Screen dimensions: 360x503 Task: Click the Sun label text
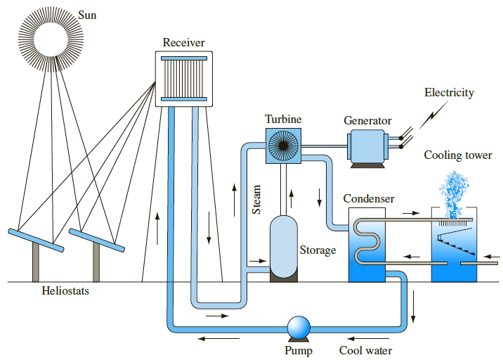(87, 15)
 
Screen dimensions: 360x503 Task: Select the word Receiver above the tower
(183, 43)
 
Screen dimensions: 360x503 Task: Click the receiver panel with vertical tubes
(184, 79)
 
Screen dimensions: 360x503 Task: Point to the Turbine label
(283, 120)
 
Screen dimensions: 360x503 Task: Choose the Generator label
(367, 120)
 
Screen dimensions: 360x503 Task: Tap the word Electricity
(449, 93)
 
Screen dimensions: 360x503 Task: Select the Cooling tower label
(457, 155)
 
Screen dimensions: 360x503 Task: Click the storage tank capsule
(285, 246)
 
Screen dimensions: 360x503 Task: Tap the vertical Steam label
(257, 199)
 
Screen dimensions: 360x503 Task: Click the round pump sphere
(299, 327)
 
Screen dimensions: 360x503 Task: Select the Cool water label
(365, 350)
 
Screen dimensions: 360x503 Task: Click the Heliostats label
(65, 290)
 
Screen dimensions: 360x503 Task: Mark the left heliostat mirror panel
(36, 239)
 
